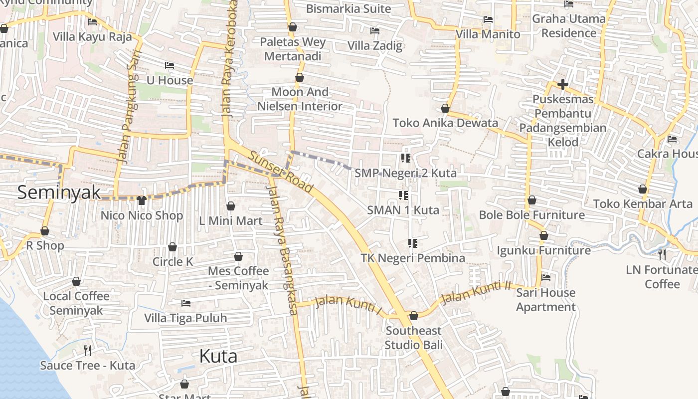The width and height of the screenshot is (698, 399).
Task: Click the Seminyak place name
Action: pos(59,193)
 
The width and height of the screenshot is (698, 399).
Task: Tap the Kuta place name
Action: pos(218,356)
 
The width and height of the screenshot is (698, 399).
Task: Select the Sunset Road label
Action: pos(281,172)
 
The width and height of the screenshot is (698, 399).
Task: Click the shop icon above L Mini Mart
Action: pos(231,206)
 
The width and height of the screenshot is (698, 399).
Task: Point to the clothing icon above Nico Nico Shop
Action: pos(142,200)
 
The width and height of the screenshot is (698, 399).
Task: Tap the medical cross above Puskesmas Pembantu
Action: pos(563,84)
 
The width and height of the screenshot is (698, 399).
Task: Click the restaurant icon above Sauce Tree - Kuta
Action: pos(88,351)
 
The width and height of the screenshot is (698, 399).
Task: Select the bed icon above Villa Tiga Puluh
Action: pos(185,303)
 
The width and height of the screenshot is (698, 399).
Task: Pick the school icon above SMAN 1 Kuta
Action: pos(403,195)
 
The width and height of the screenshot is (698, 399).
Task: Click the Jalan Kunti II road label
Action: pos(476,292)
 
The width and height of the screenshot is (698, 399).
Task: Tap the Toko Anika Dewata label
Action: pos(445,123)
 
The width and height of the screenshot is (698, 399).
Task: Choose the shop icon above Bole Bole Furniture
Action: pos(532,200)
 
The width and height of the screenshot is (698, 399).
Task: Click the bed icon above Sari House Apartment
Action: pos(546,278)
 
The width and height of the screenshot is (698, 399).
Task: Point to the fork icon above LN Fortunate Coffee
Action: pos(662,255)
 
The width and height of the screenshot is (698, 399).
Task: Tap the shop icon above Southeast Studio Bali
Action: pos(413,316)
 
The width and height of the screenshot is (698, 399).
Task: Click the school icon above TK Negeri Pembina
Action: pos(412,243)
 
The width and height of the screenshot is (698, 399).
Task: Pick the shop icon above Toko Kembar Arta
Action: pos(643,189)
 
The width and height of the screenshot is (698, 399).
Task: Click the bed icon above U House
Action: pos(170,65)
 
